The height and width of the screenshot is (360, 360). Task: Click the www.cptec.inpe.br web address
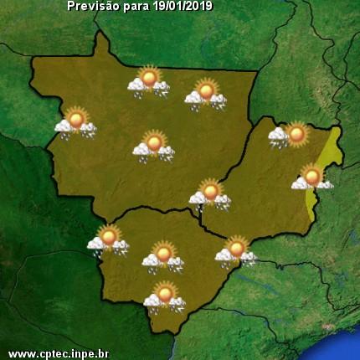[59, 353]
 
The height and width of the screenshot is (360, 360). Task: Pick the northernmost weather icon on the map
[149, 81]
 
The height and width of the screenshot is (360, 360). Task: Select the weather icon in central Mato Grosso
[153, 146]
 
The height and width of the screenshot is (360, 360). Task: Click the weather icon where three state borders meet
[209, 194]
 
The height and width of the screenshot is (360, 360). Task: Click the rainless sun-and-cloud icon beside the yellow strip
[312, 178]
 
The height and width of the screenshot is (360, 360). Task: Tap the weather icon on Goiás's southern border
[235, 250]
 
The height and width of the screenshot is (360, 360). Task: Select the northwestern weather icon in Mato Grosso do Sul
[108, 239]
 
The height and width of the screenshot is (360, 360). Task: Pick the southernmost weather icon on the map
[164, 296]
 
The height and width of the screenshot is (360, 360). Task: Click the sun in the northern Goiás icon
[296, 131]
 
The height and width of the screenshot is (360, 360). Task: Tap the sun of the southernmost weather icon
[166, 292]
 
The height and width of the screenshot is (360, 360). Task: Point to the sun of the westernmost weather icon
[77, 119]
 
